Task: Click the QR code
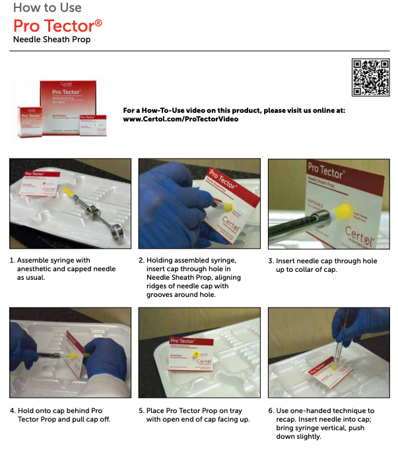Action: (x=370, y=78)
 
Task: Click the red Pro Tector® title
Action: (x=57, y=26)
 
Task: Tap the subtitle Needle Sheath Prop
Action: (x=51, y=40)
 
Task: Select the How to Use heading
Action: (x=48, y=8)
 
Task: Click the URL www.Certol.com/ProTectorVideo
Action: (x=180, y=119)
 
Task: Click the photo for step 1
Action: (x=70, y=203)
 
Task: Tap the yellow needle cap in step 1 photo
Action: (x=69, y=189)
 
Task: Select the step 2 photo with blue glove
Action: (x=199, y=203)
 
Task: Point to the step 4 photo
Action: (x=70, y=352)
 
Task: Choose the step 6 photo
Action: (x=329, y=352)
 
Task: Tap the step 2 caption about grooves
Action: (x=194, y=277)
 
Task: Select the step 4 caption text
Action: (x=60, y=415)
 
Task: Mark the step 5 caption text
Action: (x=194, y=415)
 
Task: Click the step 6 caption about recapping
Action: (x=325, y=423)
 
